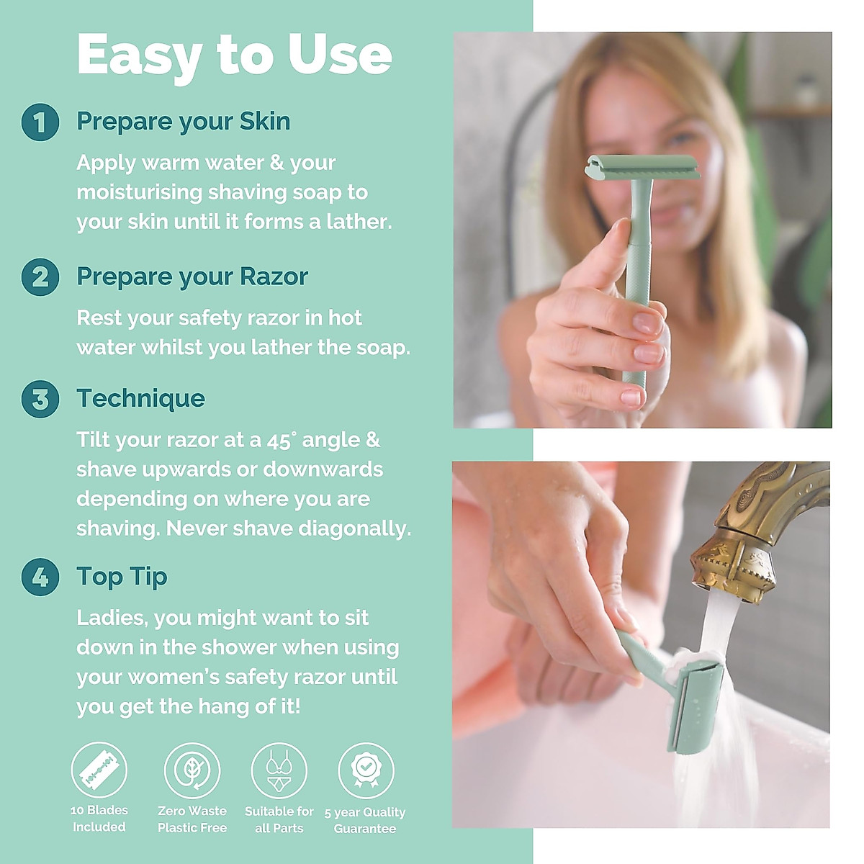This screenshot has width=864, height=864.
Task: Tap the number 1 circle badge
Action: [x=40, y=122]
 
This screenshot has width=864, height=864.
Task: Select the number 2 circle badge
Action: [x=40, y=277]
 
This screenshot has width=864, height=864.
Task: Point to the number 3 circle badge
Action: [x=40, y=399]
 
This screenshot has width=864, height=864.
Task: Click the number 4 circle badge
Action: [x=40, y=577]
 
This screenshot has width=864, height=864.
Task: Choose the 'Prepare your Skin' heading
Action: [x=183, y=122]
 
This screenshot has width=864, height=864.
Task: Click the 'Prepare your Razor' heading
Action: [x=192, y=277]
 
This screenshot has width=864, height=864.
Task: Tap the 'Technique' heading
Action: [x=140, y=399]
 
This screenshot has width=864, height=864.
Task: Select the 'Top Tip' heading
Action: [x=122, y=577]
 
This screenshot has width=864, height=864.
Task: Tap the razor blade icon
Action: [x=99, y=771]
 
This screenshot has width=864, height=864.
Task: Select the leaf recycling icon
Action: [x=192, y=771]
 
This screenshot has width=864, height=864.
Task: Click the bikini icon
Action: [x=279, y=771]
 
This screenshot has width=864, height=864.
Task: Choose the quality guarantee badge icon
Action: [x=366, y=771]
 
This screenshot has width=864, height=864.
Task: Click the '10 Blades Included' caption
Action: [x=99, y=819]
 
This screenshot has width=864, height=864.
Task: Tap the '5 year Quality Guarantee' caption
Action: [x=365, y=820]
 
